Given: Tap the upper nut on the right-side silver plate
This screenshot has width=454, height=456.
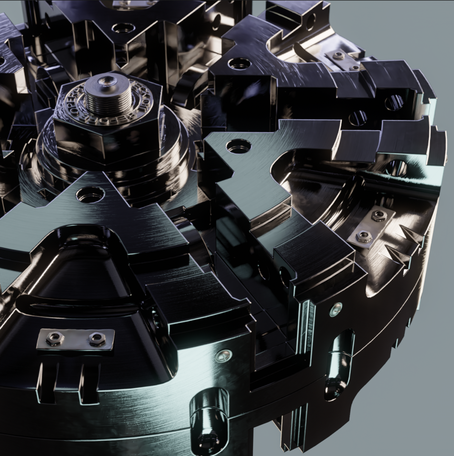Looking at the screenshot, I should [x=377, y=216].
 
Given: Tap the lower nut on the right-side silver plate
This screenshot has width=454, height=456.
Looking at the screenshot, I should [x=364, y=236].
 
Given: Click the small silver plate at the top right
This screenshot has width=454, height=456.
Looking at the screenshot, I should [x=342, y=59].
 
